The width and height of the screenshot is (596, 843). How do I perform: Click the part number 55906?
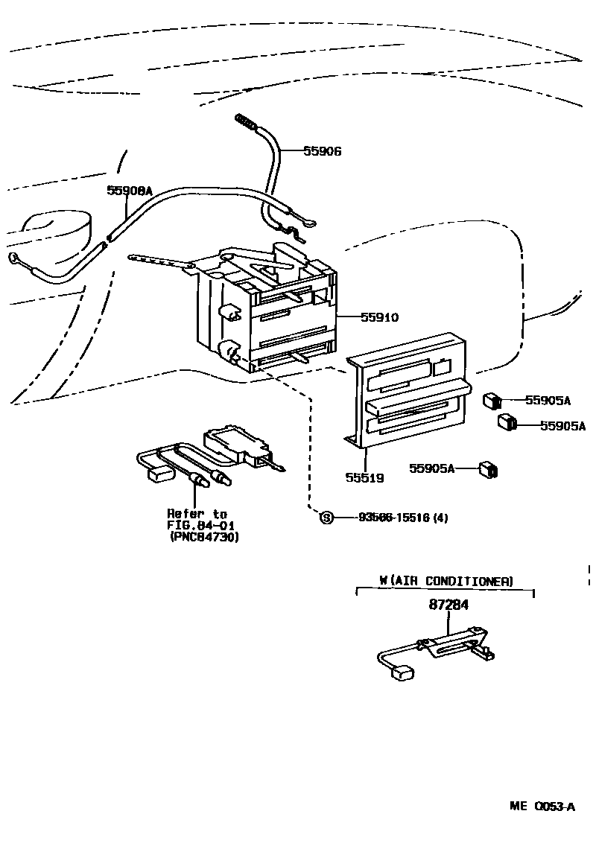click(322, 151)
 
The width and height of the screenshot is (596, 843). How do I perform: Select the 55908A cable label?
click(129, 191)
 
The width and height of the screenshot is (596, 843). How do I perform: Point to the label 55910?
click(379, 317)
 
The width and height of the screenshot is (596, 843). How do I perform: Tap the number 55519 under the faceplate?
click(364, 477)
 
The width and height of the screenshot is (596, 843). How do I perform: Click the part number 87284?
click(448, 605)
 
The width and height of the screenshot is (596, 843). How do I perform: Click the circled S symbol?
click(326, 518)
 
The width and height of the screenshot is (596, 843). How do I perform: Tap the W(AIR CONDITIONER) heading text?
click(446, 581)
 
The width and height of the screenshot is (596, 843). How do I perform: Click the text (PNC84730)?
click(204, 536)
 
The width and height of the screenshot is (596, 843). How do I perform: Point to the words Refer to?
click(197, 514)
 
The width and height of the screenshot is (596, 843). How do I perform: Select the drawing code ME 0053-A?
click(542, 806)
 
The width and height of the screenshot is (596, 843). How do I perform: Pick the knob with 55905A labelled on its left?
click(490, 469)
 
